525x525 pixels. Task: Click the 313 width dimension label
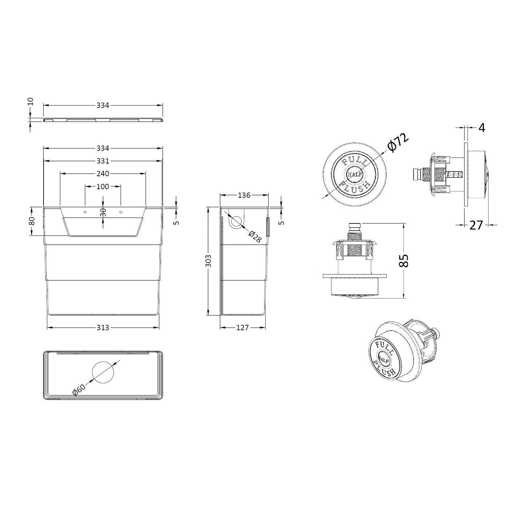point(103,328)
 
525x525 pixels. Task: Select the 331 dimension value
point(103,161)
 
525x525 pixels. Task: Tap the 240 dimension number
point(103,174)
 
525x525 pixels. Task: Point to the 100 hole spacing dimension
point(103,186)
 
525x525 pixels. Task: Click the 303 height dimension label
point(209,261)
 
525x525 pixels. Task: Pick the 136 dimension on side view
point(244,195)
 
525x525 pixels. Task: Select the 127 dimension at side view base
point(243,328)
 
